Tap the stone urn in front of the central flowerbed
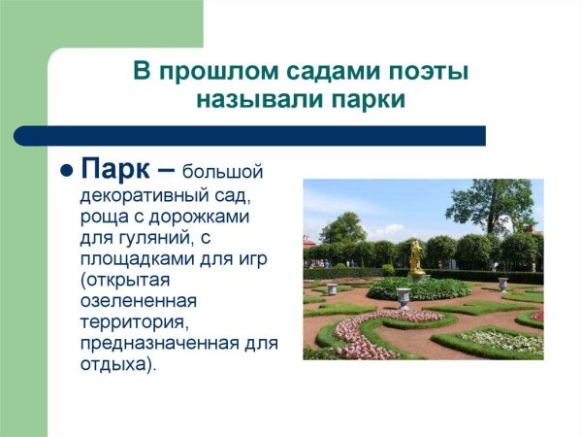[404, 298]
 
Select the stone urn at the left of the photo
[332, 287]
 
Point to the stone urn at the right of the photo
[502, 284]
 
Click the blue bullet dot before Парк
[67, 170]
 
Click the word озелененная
[140, 300]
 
